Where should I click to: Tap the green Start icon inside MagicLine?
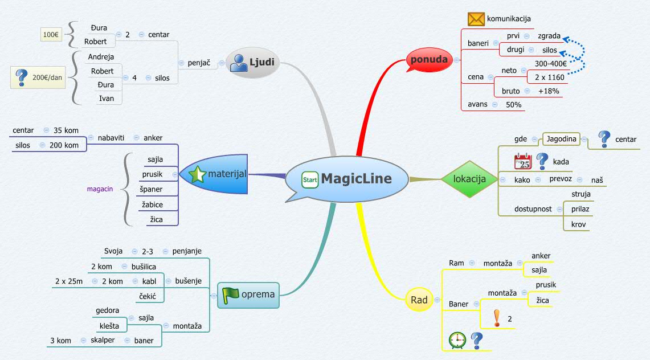click(310, 179)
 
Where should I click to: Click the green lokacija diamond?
click(469, 179)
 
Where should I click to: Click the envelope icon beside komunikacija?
click(476, 19)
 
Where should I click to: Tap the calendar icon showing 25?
click(522, 162)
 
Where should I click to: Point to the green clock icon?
click(457, 340)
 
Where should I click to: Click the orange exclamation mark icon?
click(497, 318)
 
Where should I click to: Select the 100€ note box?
click(50, 35)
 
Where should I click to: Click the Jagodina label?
click(562, 139)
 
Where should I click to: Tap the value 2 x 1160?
click(549, 76)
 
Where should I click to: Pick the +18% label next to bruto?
click(549, 91)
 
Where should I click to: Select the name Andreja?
click(101, 57)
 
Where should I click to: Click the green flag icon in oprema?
click(230, 294)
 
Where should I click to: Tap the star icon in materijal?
click(197, 174)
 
